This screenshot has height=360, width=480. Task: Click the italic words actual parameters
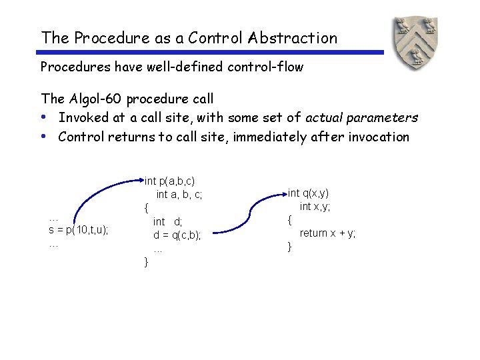coord(361,118)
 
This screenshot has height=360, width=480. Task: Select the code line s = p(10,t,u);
coord(79,230)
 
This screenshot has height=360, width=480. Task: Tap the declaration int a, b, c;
coord(179,195)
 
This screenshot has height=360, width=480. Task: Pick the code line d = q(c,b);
coord(177,235)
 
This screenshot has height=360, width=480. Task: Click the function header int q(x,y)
coord(308,193)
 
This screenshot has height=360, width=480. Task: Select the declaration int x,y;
coord(315,207)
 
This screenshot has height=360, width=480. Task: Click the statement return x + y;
coord(327,233)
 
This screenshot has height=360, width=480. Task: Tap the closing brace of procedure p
coord(147,262)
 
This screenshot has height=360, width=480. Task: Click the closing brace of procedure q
coord(289,247)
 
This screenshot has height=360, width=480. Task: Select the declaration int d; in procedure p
coord(168,221)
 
